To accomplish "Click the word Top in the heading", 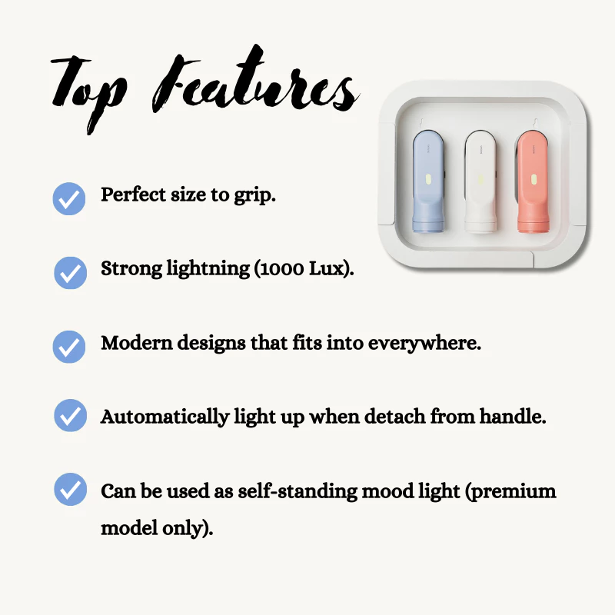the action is coord(88,92).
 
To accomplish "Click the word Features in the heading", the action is coord(255,81).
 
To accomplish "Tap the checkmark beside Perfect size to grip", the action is coord(69,198).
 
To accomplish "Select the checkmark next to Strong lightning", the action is coord(70,273).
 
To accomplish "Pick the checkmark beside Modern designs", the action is coord(69,347).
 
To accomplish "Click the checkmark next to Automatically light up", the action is coord(70,415).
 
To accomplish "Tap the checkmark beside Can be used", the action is coord(70,489).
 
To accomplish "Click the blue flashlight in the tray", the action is coord(428,182).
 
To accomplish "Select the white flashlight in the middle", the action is coord(480,182).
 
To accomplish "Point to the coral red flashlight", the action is coord(532,181).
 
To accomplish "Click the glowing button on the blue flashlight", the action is coord(428,179).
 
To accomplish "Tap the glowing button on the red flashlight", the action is coord(534,180).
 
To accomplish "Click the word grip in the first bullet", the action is coord(255,195).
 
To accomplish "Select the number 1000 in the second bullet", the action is coord(281,269).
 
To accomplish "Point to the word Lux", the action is coord(326,268).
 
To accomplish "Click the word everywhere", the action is coord(424,344).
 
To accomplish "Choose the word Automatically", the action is coord(165,417).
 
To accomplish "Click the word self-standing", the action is coord(298,492).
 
